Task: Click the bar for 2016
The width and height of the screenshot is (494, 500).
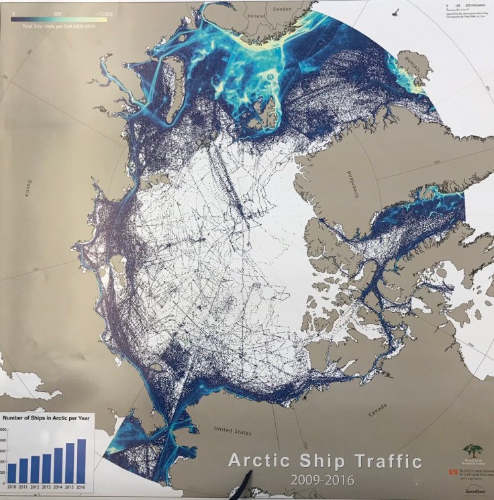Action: coord(82,460)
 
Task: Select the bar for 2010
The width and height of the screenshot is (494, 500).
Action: coord(11,473)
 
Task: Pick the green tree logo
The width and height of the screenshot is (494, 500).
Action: coord(472,452)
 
